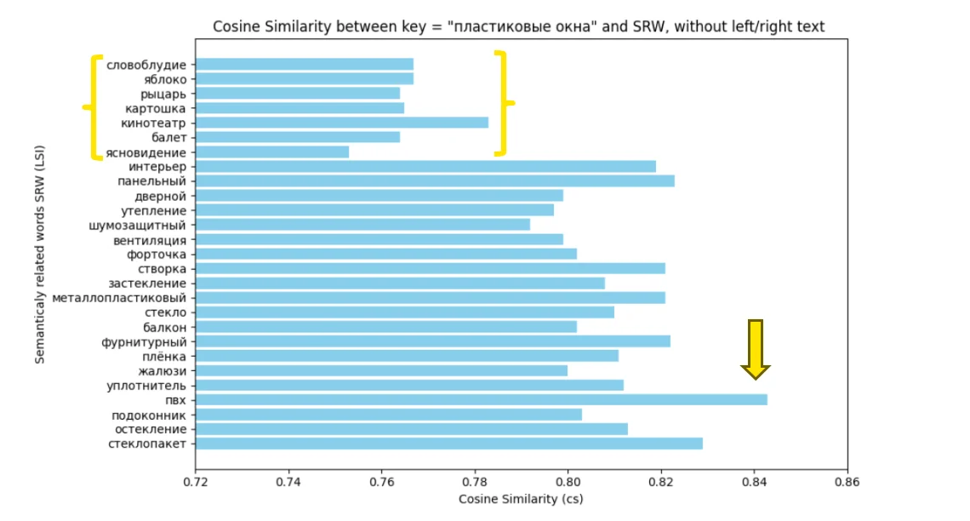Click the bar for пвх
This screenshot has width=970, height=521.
tap(481, 400)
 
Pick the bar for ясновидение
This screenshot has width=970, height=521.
tap(272, 152)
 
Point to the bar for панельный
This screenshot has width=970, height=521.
tap(435, 181)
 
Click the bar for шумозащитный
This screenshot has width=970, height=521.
tap(362, 225)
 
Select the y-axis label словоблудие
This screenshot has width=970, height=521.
tap(146, 65)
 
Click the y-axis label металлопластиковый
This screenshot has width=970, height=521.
tap(119, 298)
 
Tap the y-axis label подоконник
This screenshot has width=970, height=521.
tap(149, 415)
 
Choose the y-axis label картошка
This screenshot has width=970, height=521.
tap(155, 108)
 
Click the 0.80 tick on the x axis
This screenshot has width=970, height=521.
tap(568, 482)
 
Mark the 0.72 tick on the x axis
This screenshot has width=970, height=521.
tap(196, 482)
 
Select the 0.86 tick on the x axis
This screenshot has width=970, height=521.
tap(847, 482)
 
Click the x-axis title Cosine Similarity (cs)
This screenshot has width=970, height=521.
tap(521, 499)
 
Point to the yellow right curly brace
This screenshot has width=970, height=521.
tap(503, 103)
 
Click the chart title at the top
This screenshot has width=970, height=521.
tap(518, 27)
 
